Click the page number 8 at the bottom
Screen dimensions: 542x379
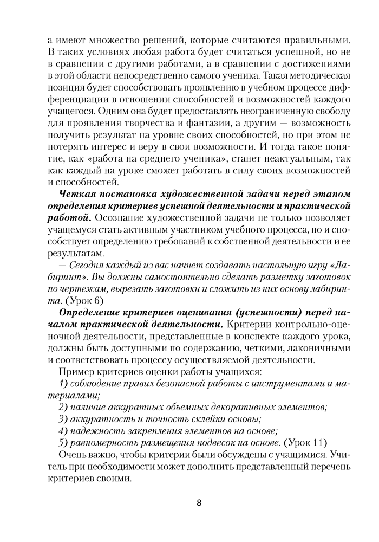point(199,502)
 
